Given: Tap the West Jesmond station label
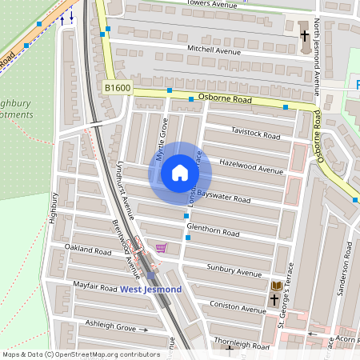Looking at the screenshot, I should [x=151, y=289].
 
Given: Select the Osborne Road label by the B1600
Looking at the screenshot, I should [x=225, y=100].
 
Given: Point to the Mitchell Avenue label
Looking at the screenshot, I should [x=214, y=50].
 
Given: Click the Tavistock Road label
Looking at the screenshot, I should [x=255, y=132].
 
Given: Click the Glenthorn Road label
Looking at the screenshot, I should [x=213, y=230].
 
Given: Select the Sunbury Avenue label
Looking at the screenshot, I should [x=234, y=269].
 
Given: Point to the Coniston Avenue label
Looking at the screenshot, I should [x=238, y=307].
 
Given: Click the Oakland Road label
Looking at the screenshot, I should [x=88, y=250].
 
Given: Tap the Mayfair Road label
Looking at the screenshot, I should [x=97, y=285].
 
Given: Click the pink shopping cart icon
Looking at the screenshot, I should [x=162, y=248].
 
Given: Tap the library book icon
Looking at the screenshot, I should [x=277, y=286].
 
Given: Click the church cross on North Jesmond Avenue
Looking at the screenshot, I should [x=304, y=36].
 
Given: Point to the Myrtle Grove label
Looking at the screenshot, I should [x=162, y=138].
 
